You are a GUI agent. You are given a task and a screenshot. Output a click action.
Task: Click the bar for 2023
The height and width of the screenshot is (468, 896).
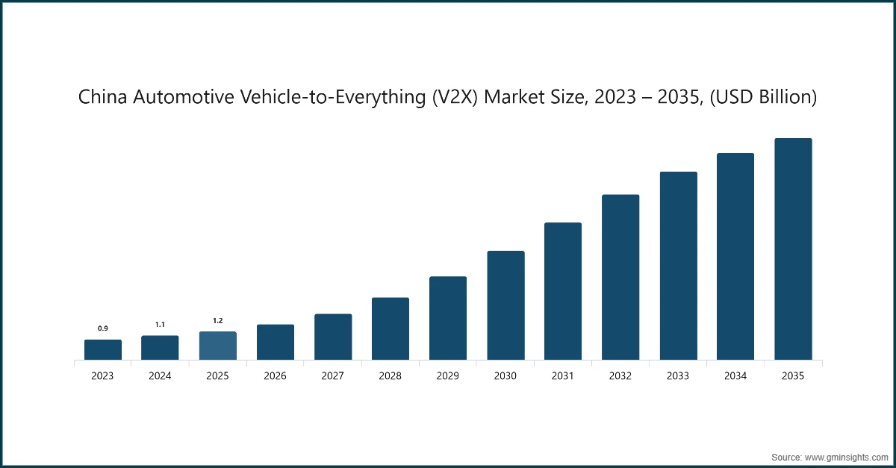pyautogui.click(x=102, y=350)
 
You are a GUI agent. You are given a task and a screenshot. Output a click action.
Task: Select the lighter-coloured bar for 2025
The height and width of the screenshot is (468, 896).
pyautogui.click(x=217, y=346)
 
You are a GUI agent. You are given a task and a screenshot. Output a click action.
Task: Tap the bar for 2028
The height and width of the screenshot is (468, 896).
pyautogui.click(x=391, y=329)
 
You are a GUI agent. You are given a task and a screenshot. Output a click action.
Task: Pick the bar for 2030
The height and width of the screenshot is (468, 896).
pyautogui.click(x=505, y=306)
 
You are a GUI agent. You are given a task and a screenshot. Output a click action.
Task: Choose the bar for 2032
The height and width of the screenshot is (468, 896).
pyautogui.click(x=620, y=278)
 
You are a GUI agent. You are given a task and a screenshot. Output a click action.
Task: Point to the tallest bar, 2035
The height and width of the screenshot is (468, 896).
pyautogui.click(x=793, y=249)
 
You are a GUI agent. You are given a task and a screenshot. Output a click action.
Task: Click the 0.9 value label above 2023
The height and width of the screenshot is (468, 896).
pyautogui.click(x=102, y=328)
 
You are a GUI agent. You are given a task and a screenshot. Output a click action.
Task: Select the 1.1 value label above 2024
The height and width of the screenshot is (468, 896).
pyautogui.click(x=160, y=325)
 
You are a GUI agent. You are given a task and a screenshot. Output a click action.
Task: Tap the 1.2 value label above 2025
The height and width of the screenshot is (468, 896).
pyautogui.click(x=217, y=320)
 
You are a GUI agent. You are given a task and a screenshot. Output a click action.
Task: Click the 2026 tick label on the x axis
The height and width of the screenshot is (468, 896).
pyautogui.click(x=275, y=376)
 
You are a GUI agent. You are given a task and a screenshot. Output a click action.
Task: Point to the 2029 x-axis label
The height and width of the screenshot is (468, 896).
pyautogui.click(x=448, y=376)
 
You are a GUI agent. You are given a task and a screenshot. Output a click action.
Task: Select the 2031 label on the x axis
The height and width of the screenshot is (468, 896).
pyautogui.click(x=563, y=376)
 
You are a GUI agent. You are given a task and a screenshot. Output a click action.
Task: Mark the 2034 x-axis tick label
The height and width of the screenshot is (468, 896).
pyautogui.click(x=735, y=376)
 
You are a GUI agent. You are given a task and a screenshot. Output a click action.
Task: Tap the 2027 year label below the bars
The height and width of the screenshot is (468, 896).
pyautogui.click(x=333, y=376)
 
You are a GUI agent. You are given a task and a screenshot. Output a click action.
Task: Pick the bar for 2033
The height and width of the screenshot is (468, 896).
pyautogui.click(x=678, y=266)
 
